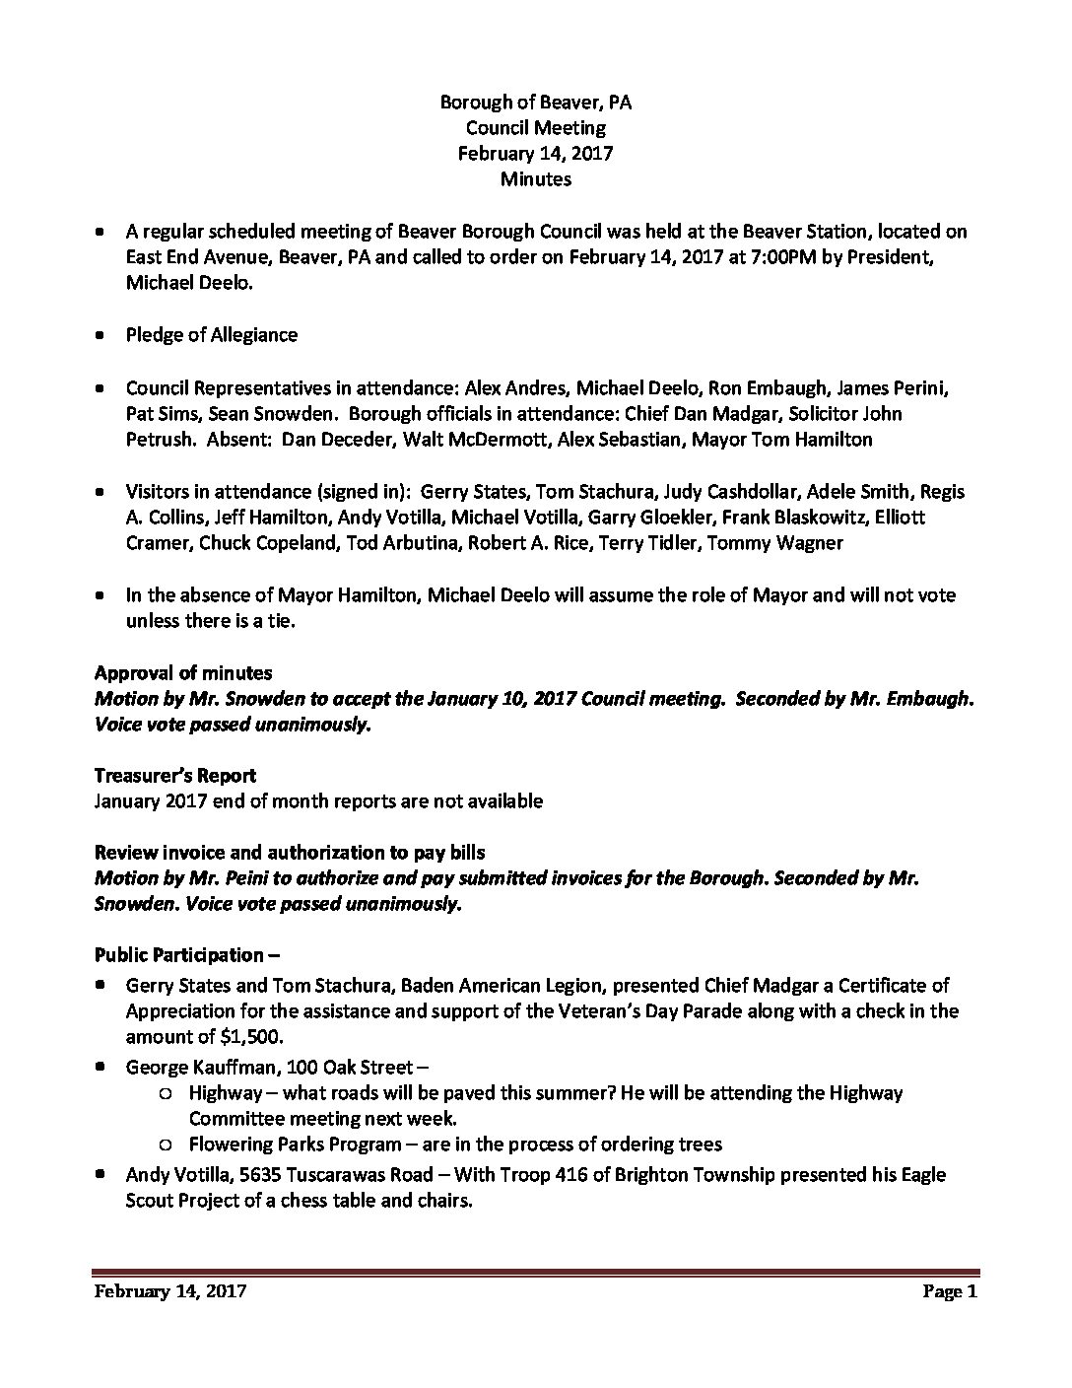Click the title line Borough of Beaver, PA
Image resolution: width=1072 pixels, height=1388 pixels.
tap(535, 102)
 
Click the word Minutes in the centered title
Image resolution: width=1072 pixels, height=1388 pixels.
tap(535, 178)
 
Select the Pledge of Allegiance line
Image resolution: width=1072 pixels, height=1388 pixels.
tap(211, 335)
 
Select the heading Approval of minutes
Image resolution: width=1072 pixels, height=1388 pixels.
tap(183, 672)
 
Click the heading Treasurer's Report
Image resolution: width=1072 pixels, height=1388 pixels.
tap(175, 776)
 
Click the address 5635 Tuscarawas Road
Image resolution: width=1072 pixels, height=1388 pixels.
tap(329, 1174)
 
